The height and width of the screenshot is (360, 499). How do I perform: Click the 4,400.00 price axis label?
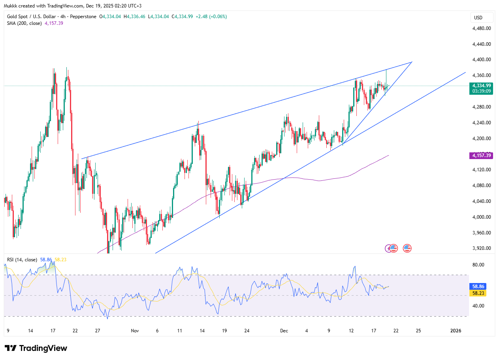point(482,60)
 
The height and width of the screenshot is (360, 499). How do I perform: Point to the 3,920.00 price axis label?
point(482,248)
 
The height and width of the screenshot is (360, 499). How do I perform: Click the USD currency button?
point(478,17)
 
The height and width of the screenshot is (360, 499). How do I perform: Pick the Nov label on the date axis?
point(135,330)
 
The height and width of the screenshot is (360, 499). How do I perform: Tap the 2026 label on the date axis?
point(456,330)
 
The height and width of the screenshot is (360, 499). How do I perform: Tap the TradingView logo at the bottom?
point(36,348)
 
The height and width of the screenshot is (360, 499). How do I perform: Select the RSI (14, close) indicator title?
point(22,260)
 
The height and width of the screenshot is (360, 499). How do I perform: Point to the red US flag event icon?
point(407,248)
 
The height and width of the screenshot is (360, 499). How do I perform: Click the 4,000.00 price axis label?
point(482,217)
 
